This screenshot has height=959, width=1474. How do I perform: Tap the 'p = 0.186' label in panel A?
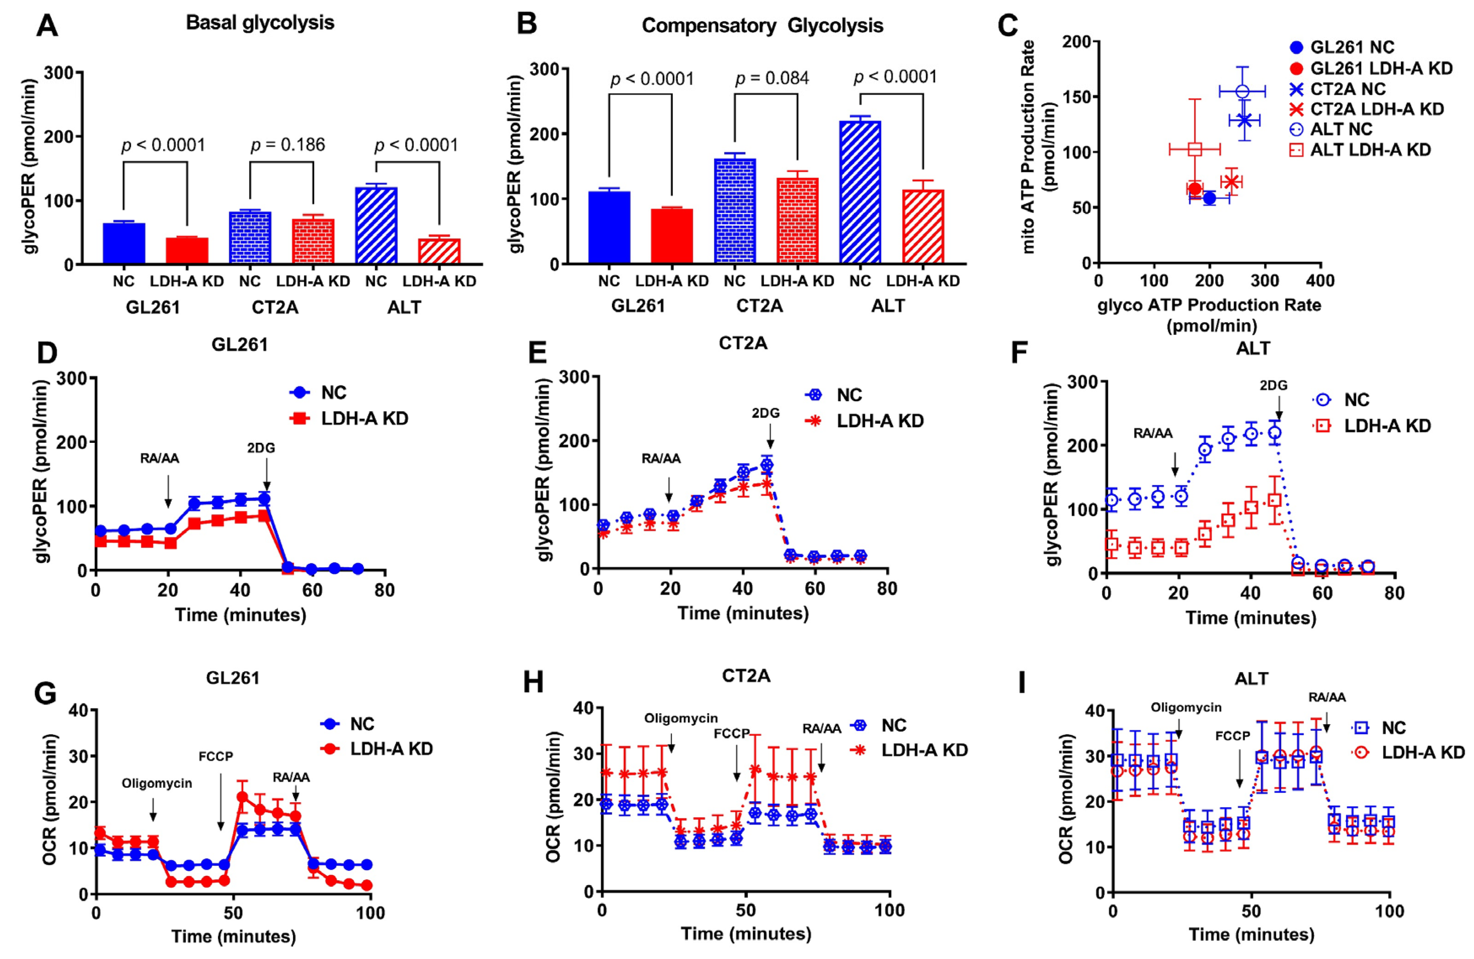point(287,145)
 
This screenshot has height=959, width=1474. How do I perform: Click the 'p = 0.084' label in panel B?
point(772,78)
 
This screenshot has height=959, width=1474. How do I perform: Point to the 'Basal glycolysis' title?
point(260,23)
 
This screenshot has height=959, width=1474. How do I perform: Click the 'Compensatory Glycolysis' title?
point(762,26)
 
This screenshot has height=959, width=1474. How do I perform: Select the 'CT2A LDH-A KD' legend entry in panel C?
point(1376,109)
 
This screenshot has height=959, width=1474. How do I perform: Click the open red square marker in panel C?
point(1195,148)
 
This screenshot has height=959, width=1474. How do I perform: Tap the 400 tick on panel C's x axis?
point(1320,281)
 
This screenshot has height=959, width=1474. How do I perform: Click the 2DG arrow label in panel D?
point(261,447)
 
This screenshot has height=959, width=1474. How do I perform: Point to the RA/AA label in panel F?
point(1153,434)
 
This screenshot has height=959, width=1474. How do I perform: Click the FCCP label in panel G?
point(216,757)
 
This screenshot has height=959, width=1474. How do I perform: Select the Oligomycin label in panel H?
point(680,718)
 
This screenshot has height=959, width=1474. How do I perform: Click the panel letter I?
point(1021,684)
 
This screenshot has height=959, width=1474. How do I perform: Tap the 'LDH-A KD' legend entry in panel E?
point(880,421)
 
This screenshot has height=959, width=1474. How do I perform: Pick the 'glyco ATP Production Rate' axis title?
point(1209,305)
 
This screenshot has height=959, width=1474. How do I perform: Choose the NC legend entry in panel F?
point(1356,400)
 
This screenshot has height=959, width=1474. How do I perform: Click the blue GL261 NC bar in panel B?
point(609,227)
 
